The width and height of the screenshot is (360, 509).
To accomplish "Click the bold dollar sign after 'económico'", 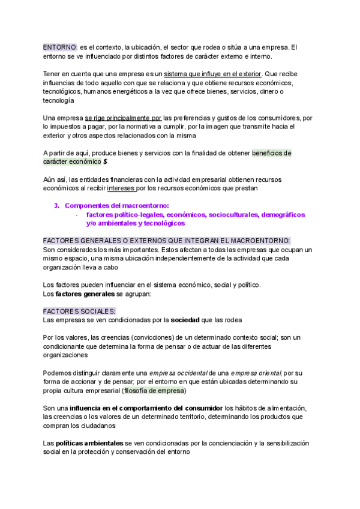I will coord(106,161).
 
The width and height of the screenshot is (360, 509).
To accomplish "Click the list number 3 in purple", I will coord(56,205).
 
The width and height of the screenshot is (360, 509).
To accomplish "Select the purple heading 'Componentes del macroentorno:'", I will coord(116,205).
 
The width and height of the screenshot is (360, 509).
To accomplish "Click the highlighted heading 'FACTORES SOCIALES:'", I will coord(79,312).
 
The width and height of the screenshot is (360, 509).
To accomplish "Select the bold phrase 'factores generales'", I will coord(85,294).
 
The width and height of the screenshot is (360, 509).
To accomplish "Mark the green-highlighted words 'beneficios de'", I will coord(272,153).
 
